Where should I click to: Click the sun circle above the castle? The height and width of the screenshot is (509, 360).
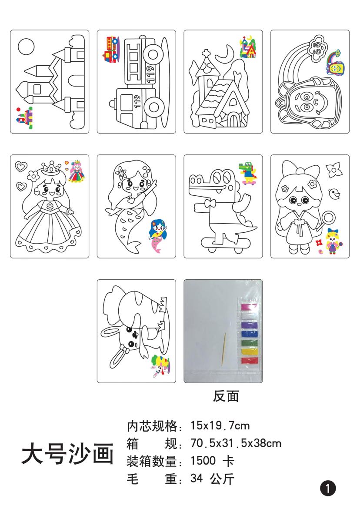26,47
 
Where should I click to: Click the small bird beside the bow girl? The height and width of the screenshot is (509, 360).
334,194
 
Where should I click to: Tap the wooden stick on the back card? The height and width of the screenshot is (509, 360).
223,349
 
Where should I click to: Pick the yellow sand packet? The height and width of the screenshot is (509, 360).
250,352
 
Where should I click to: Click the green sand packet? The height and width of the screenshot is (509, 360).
250,343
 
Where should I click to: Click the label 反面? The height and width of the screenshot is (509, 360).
226,396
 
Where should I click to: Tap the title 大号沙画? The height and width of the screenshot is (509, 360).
68,453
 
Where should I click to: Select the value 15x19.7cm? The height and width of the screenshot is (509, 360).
220,425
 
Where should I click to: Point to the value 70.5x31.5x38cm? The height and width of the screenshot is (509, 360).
236,443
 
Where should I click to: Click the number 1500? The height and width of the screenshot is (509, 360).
203,461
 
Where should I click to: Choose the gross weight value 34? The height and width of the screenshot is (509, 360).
197,478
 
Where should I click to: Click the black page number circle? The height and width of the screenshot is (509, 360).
328,489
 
